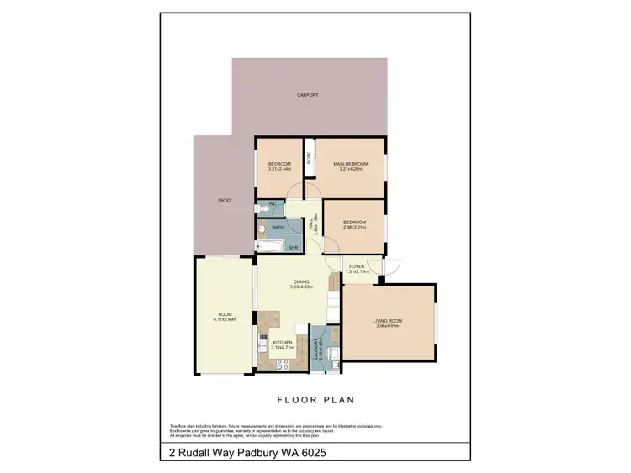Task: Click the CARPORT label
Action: [308, 95]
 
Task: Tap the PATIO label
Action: [225, 200]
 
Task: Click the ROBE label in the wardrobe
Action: [310, 156]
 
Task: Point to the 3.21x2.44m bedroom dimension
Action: [279, 169]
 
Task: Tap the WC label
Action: [273, 204]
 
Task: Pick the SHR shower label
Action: [294, 247]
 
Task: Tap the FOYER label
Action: [357, 266]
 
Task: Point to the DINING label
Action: [301, 282]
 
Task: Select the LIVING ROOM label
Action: [389, 320]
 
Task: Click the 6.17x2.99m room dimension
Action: [225, 319]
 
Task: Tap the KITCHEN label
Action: [282, 342]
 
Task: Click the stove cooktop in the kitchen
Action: [283, 364]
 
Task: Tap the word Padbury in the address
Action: [253, 453]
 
